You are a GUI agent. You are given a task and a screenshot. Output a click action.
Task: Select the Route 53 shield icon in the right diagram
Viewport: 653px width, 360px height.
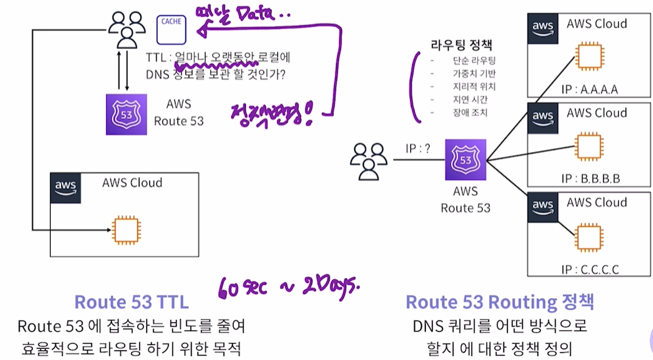click(465, 159)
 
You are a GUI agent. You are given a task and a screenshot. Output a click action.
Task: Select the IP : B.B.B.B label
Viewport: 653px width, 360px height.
click(590, 178)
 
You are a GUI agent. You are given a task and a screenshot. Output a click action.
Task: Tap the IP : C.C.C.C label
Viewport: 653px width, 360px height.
click(590, 269)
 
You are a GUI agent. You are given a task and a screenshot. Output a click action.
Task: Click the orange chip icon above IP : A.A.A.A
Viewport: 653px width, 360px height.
click(590, 57)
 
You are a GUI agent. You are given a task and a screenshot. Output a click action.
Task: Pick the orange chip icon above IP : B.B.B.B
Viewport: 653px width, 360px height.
click(590, 145)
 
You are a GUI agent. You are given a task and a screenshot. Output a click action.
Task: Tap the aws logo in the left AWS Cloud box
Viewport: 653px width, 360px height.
click(65, 188)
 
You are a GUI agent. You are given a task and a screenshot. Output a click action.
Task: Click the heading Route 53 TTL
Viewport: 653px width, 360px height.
click(132, 302)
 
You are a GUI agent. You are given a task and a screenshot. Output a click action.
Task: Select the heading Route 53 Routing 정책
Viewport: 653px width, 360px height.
click(500, 302)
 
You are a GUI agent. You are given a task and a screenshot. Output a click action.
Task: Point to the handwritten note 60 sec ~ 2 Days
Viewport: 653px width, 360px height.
click(290, 287)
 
